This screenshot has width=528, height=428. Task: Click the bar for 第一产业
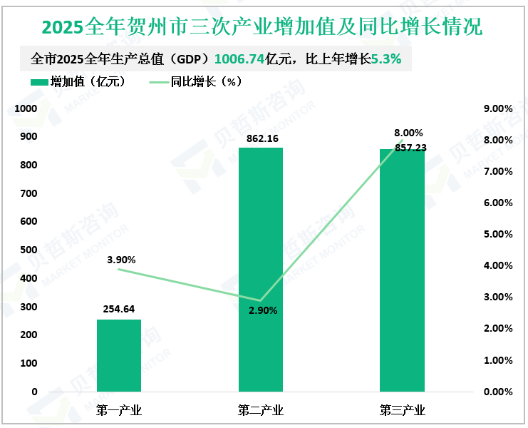[119, 355]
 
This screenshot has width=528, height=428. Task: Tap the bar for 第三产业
[402, 270]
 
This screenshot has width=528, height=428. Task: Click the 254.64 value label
[119, 310]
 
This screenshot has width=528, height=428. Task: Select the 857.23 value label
[408, 147]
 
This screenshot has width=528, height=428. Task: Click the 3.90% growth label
[121, 260]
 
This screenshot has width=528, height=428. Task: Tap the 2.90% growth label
[263, 310]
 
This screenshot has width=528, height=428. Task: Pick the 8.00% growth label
[408, 133]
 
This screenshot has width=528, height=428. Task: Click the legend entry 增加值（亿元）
[79, 82]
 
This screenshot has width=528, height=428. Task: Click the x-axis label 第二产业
[261, 410]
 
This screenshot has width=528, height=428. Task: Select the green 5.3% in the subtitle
[387, 58]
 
